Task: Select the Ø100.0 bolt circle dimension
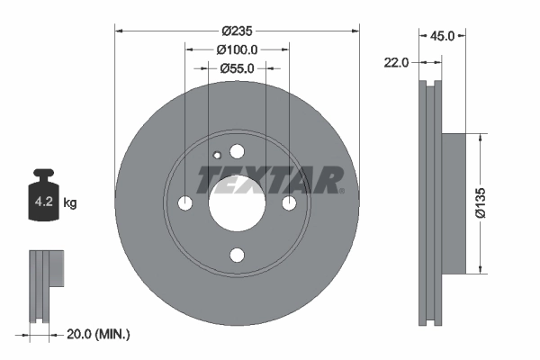[x=238, y=50]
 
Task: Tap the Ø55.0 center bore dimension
[x=238, y=67]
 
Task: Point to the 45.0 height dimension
[x=441, y=37]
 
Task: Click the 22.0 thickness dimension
[x=397, y=62]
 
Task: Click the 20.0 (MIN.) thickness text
[x=99, y=334]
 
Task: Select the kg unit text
[x=70, y=203]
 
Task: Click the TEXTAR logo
[x=270, y=179]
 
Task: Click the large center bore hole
[x=237, y=203]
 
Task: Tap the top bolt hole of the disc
[x=237, y=152]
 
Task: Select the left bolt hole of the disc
[x=185, y=203]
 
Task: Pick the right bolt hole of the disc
[x=289, y=203]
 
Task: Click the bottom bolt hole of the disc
[x=237, y=255]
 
